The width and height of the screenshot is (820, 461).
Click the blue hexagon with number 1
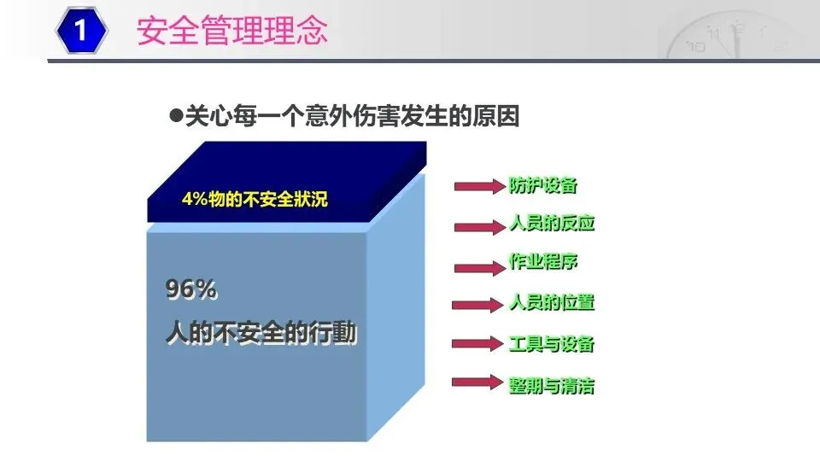[81, 30]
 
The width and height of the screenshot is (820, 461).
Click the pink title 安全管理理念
[232, 31]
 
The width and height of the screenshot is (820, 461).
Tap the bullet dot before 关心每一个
[176, 114]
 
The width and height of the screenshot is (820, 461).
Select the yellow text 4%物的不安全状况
[255, 199]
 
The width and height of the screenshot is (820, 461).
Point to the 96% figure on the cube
[190, 289]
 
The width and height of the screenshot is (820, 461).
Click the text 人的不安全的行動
[261, 332]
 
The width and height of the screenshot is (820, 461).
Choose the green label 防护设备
[543, 185]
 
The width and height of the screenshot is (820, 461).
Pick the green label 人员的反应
[552, 223]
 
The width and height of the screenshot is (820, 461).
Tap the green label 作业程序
[543, 261]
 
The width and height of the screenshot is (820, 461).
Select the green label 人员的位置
[552, 302]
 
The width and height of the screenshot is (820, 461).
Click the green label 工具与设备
[552, 344]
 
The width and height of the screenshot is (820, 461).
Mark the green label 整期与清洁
[552, 386]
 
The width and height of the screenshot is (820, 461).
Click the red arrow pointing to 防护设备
[480, 186]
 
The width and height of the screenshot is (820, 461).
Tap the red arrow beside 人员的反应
[480, 227]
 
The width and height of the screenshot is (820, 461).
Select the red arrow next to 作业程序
[480, 268]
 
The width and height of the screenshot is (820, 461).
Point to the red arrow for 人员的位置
[478, 305]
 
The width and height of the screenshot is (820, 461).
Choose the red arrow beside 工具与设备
[478, 343]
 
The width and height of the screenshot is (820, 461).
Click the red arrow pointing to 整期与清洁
[478, 382]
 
